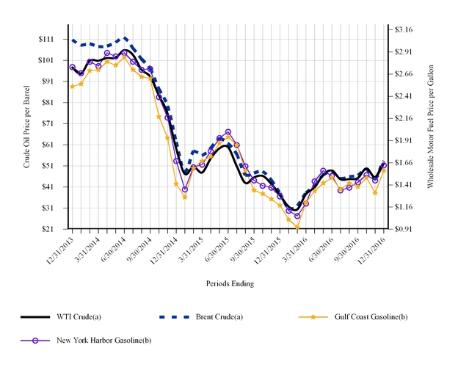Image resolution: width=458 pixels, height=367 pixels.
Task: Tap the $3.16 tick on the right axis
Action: point(404,29)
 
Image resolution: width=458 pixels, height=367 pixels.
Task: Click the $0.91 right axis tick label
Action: point(404,229)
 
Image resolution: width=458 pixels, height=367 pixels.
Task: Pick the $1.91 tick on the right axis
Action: point(404,140)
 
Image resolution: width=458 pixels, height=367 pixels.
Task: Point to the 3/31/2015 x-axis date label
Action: point(192,248)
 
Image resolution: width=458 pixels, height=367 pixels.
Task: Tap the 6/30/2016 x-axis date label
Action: point(322,248)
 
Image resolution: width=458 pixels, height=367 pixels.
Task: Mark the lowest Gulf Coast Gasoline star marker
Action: point(297,228)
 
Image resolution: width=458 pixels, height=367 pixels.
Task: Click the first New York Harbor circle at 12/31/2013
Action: point(72,67)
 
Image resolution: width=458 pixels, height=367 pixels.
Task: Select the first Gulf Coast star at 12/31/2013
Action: point(72,87)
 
